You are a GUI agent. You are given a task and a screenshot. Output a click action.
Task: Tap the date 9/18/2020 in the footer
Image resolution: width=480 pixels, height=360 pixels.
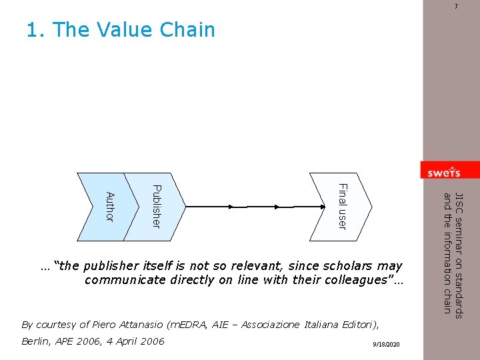[x=387, y=344]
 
